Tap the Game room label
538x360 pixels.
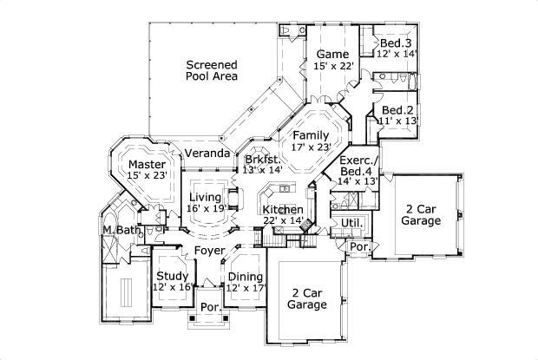pos(331,54)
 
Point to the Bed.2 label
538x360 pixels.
pos(397,110)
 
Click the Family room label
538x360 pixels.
pos(311,135)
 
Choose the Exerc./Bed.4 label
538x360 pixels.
pos(357,161)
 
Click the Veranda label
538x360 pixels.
pos(207,154)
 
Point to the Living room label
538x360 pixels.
pos(207,198)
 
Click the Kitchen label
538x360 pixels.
pos(283,210)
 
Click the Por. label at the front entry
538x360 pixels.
pos(209,307)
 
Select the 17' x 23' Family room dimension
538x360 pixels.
pos(311,147)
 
